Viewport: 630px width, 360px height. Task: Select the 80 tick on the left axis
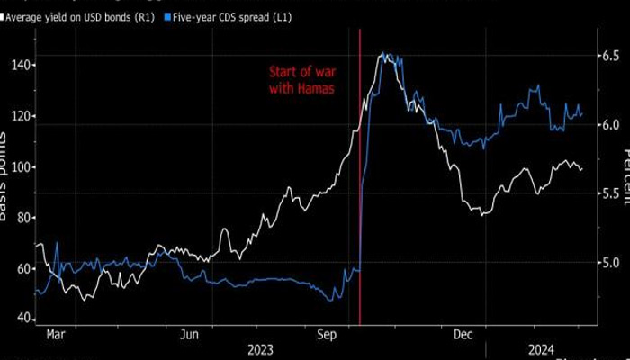point(22,218)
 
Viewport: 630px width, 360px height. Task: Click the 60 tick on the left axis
point(22,268)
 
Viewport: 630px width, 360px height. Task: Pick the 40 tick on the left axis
point(22,319)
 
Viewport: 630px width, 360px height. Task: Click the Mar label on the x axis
point(55,335)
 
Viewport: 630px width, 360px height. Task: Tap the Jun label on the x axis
point(189,335)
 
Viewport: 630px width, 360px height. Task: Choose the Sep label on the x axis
point(326,335)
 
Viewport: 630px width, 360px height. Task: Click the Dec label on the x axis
point(462,335)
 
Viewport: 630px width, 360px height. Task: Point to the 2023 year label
point(258,348)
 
